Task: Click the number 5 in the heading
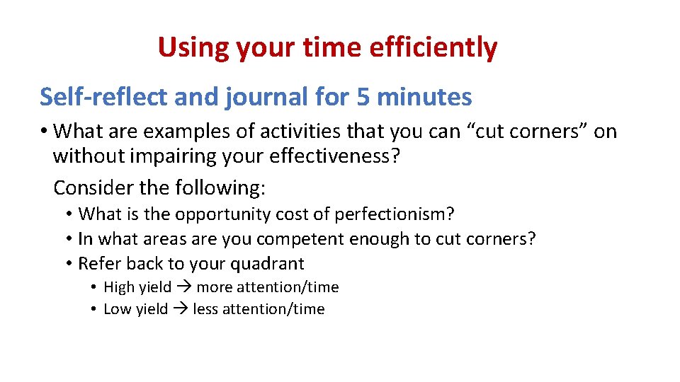click(363, 97)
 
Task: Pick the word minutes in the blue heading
click(424, 97)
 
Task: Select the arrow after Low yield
click(181, 309)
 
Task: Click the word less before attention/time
click(205, 309)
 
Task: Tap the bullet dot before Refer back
click(69, 264)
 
